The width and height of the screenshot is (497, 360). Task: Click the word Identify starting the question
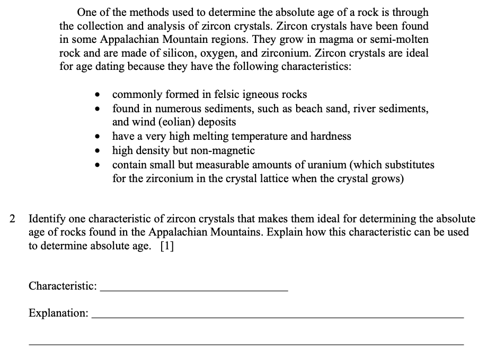click(x=48, y=218)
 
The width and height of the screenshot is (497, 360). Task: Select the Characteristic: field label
click(x=63, y=286)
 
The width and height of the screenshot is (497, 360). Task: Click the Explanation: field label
click(x=58, y=313)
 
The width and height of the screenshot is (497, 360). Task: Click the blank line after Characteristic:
click(x=194, y=289)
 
